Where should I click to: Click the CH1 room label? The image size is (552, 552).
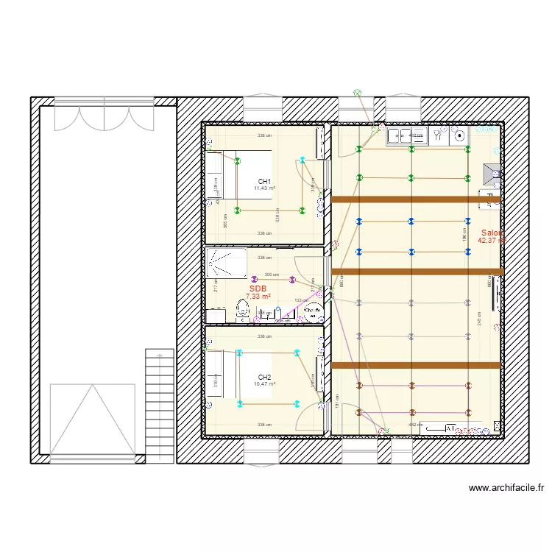(264, 181)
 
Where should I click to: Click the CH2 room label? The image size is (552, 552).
(264, 377)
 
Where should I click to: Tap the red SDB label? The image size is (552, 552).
(258, 289)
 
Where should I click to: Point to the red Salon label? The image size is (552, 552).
(491, 232)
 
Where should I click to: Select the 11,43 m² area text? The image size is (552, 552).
(264, 188)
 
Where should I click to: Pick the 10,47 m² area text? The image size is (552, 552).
(264, 384)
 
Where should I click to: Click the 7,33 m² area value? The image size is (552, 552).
(258, 297)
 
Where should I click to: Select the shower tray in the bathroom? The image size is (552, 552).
(227, 263)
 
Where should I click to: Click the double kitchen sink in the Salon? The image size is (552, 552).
(399, 135)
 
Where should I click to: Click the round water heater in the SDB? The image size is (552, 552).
(313, 312)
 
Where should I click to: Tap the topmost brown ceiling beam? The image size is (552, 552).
(416, 199)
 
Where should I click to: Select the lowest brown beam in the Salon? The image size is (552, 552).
(416, 365)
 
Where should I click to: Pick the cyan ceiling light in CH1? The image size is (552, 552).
(302, 160)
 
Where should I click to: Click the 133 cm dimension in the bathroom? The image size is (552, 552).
(301, 300)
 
